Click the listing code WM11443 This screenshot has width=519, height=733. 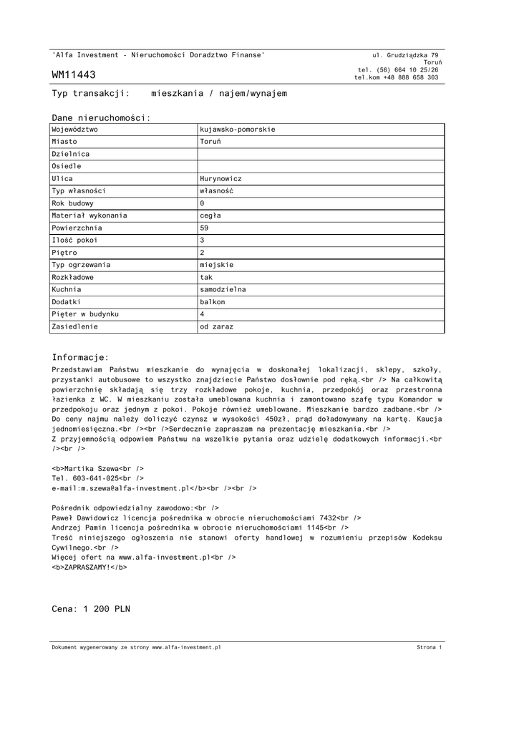pos(74,75)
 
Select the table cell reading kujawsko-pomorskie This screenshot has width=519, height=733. pos(238,130)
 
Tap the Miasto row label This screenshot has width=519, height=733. pos(64,142)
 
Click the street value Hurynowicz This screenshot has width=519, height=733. pos(221,179)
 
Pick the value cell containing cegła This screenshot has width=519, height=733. pos(210,215)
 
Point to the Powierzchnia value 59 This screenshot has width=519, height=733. pos(205,228)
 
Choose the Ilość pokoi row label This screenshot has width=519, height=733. pos(74,241)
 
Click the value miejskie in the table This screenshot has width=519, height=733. pos(216,265)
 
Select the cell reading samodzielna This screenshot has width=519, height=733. pos(223,289)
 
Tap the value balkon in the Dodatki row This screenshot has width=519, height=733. pos(213,302)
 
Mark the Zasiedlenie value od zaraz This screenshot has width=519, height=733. pos(217,326)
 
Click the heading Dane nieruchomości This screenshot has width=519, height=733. pos(101,117)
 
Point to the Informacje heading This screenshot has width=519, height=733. pos(80,357)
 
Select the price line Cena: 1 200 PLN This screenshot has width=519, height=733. pos(91,609)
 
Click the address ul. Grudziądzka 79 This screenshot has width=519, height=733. pos(406,55)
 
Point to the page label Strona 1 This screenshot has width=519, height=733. pos(429,647)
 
